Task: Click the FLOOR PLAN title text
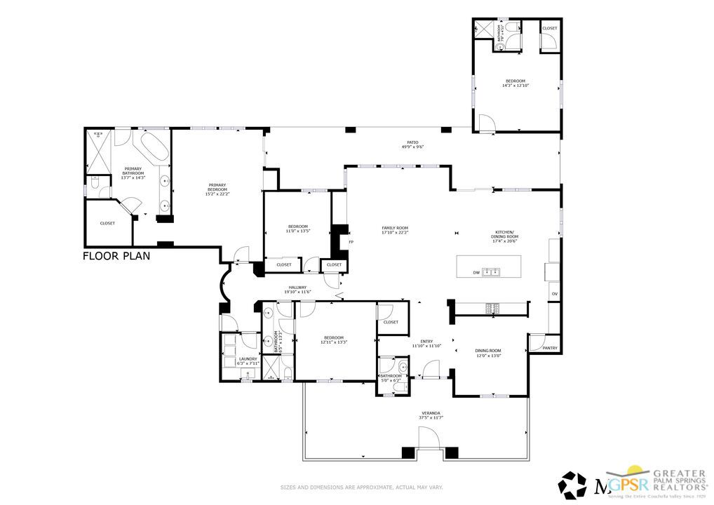(116, 256)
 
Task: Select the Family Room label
(395, 230)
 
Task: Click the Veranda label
(430, 415)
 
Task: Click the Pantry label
(550, 347)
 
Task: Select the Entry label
(426, 344)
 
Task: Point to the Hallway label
(297, 289)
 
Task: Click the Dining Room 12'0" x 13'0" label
(488, 353)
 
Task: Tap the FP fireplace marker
(351, 242)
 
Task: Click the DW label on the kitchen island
(476, 272)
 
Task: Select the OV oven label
(554, 294)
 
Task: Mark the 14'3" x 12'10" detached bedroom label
(514, 83)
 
